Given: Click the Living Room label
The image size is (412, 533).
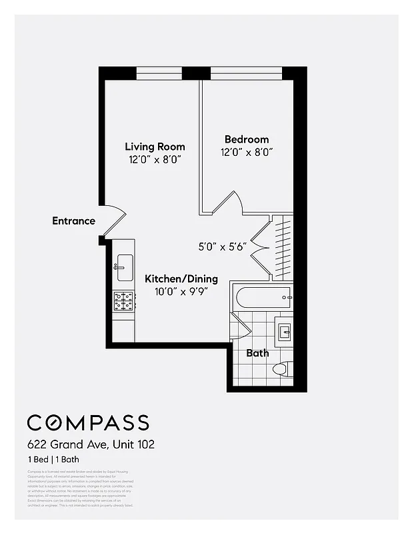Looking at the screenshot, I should click(x=155, y=147).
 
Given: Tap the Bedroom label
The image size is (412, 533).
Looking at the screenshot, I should click(x=247, y=139).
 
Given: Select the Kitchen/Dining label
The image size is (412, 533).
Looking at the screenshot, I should click(x=181, y=278).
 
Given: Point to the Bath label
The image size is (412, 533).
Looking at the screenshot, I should click(x=257, y=352).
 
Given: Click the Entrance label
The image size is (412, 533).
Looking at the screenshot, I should click(x=73, y=221).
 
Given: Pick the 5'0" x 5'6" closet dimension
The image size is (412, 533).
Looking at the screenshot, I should click(x=223, y=245).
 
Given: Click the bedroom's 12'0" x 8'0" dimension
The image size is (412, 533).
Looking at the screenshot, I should click(x=247, y=152).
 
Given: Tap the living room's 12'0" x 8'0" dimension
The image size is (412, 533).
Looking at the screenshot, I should click(x=155, y=160).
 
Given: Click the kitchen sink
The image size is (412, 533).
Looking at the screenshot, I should click(x=124, y=268).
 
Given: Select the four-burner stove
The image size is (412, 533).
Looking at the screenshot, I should click(x=124, y=301).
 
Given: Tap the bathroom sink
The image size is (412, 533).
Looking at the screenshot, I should click(x=285, y=331).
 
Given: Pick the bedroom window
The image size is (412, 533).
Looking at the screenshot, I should click(x=247, y=73).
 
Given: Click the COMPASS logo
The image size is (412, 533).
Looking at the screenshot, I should click(x=87, y=422).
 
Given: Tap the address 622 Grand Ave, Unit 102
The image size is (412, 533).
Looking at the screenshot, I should click(x=91, y=444).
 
